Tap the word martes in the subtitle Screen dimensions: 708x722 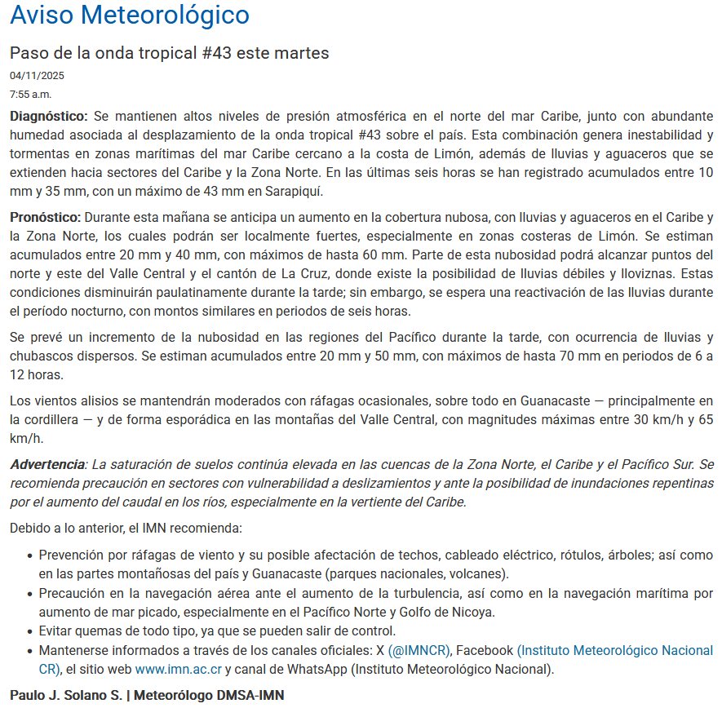point(303,53)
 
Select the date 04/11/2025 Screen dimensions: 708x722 point(37,76)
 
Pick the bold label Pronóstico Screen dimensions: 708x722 point(46,217)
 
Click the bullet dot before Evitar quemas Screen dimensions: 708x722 point(29,631)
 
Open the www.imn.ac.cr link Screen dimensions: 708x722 point(178,670)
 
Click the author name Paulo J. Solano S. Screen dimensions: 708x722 point(63,696)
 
